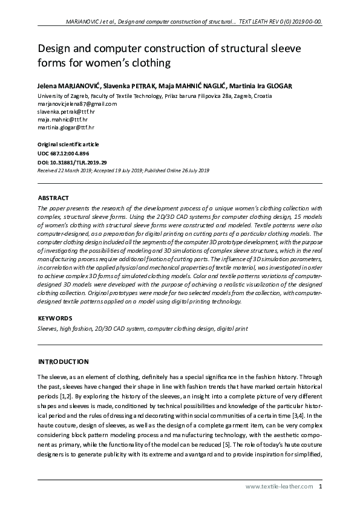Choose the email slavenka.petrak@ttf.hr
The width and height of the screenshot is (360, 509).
(x=66, y=112)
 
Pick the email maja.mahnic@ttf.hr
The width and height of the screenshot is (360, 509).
(x=62, y=120)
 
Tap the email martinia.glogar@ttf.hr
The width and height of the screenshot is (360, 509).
(x=66, y=128)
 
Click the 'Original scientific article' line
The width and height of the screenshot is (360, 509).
(x=68, y=144)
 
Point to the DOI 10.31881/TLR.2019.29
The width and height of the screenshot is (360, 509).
(x=72, y=162)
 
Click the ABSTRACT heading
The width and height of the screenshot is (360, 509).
(x=53, y=198)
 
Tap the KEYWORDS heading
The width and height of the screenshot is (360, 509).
(x=55, y=318)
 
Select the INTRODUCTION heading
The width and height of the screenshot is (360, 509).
(x=64, y=361)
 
